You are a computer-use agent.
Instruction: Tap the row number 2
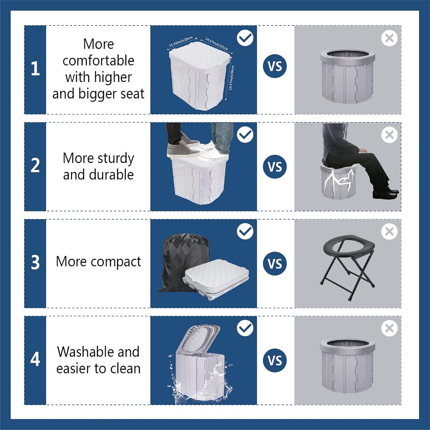[x=35, y=165]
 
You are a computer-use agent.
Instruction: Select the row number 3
[x=35, y=262]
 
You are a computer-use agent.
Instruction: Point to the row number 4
[x=35, y=359]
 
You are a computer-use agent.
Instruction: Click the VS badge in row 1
[x=275, y=66]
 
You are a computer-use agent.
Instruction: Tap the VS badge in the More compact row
[x=275, y=264]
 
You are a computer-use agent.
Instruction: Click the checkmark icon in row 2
[x=245, y=135]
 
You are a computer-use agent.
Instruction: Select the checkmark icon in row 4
[x=245, y=328]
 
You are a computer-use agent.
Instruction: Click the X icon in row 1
[x=389, y=38]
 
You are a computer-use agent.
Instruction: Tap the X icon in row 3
[x=389, y=232]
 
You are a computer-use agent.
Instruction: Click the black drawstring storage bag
[x=180, y=259]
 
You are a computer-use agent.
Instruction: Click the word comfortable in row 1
[x=98, y=61]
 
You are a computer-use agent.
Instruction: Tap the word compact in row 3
[x=116, y=262]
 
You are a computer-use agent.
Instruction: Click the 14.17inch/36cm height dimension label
[x=232, y=78]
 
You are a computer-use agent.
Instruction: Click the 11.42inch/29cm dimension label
[x=181, y=42]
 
